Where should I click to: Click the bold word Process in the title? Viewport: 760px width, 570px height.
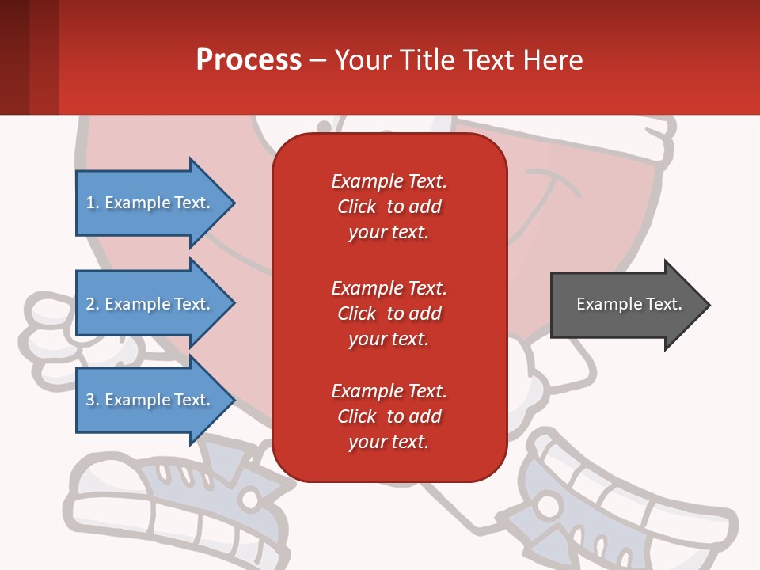pyautogui.click(x=249, y=60)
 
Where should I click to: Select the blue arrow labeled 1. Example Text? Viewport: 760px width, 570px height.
pyautogui.click(x=150, y=203)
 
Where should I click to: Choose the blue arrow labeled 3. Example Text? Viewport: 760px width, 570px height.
pyautogui.click(x=150, y=401)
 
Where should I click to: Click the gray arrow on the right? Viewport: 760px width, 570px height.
pyautogui.click(x=625, y=305)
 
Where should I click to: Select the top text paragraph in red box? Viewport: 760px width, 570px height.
pyautogui.click(x=389, y=207)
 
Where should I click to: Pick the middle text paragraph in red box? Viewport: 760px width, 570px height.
pyautogui.click(x=389, y=313)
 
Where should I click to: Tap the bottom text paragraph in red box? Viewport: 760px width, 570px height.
pyautogui.click(x=389, y=416)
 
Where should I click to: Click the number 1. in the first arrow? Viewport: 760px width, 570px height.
pyautogui.click(x=93, y=203)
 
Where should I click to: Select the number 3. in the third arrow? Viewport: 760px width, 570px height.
pyautogui.click(x=93, y=401)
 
